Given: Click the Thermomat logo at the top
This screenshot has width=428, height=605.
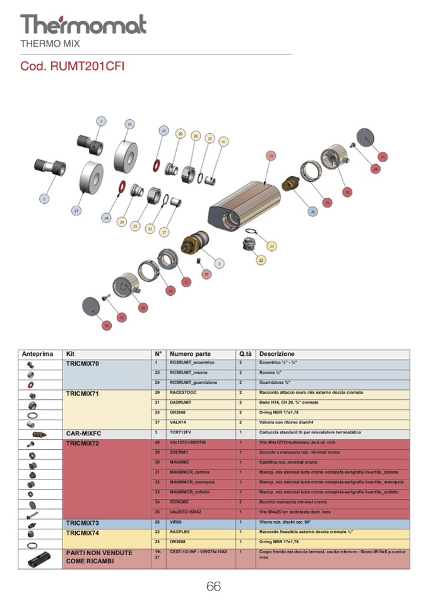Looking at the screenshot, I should click(x=83, y=25).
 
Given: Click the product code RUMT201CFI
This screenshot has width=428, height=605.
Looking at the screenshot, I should click(x=72, y=66).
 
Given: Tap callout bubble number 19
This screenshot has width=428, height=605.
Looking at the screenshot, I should click(x=271, y=155).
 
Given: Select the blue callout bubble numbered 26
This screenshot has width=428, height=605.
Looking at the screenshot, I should click(x=312, y=212).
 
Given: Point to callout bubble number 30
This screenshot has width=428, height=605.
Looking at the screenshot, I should click(x=347, y=192).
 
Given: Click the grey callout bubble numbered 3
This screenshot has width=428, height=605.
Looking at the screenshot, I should click(x=219, y=263).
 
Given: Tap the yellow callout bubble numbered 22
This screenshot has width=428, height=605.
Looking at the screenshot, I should click(x=260, y=259).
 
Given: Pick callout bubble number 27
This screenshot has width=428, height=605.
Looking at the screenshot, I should click(x=206, y=274).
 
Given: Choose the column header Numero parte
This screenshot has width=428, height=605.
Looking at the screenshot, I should click(x=190, y=354).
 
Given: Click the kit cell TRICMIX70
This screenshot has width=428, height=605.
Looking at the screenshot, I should click(x=83, y=364).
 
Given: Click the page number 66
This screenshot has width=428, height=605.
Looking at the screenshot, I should click(x=213, y=586).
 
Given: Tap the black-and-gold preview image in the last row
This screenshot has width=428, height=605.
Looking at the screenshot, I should click(x=40, y=558).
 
